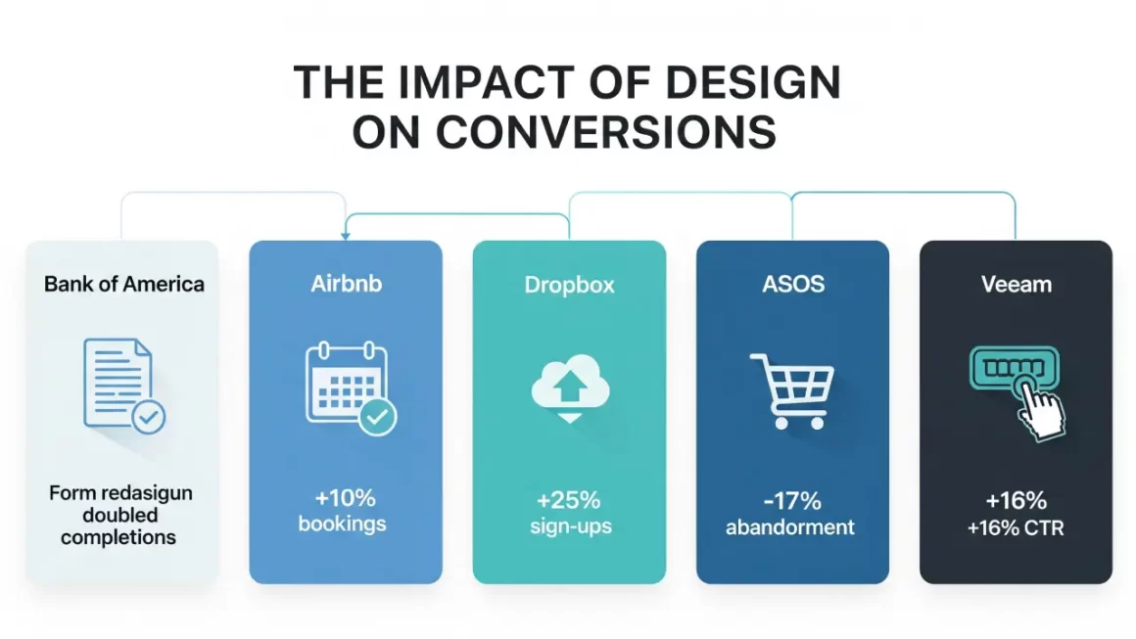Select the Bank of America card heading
coord(124,285)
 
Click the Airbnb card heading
coord(345,285)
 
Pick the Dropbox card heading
coord(569,286)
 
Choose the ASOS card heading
coord(792,285)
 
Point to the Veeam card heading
coord(1016,285)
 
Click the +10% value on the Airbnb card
coord(342,499)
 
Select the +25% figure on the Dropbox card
coord(568,500)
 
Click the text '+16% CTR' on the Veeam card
coord(1016,528)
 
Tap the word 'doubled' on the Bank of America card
coord(119,515)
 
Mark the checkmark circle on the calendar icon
coord(377,418)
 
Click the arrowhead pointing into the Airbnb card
coord(345,236)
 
